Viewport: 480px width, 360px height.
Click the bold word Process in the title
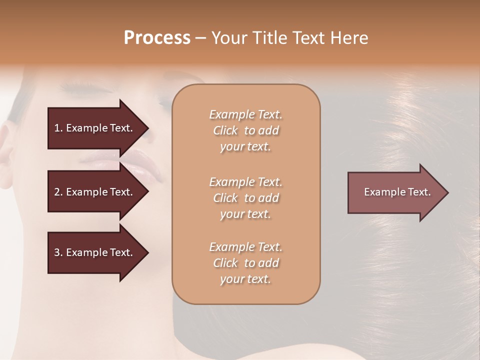point(157,38)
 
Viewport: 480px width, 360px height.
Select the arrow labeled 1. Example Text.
point(93,128)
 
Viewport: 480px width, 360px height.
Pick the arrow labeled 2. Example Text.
point(93,192)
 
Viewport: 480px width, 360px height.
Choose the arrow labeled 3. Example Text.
point(93,253)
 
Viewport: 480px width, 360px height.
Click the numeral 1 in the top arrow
point(56,128)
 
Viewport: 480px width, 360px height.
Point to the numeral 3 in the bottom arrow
point(57,253)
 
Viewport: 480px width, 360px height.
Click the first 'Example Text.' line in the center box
point(245,115)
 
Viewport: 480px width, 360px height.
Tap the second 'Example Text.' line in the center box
point(245,182)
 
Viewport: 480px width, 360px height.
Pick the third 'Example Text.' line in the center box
point(245,247)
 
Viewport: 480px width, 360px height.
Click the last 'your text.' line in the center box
point(245,279)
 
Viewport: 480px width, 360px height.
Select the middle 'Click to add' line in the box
point(245,198)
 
